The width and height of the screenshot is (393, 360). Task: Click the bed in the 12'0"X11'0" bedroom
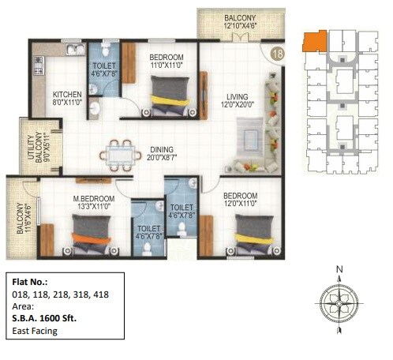pyautogui.click(x=253, y=232)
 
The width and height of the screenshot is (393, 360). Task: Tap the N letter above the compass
pyautogui.click(x=339, y=270)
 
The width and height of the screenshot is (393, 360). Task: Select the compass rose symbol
pyautogui.click(x=339, y=302)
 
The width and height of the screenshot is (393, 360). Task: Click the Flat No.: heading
pyautogui.click(x=30, y=282)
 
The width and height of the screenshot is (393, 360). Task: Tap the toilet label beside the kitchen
pyautogui.click(x=105, y=71)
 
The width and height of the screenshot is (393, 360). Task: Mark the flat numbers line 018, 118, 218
pyautogui.click(x=60, y=294)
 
